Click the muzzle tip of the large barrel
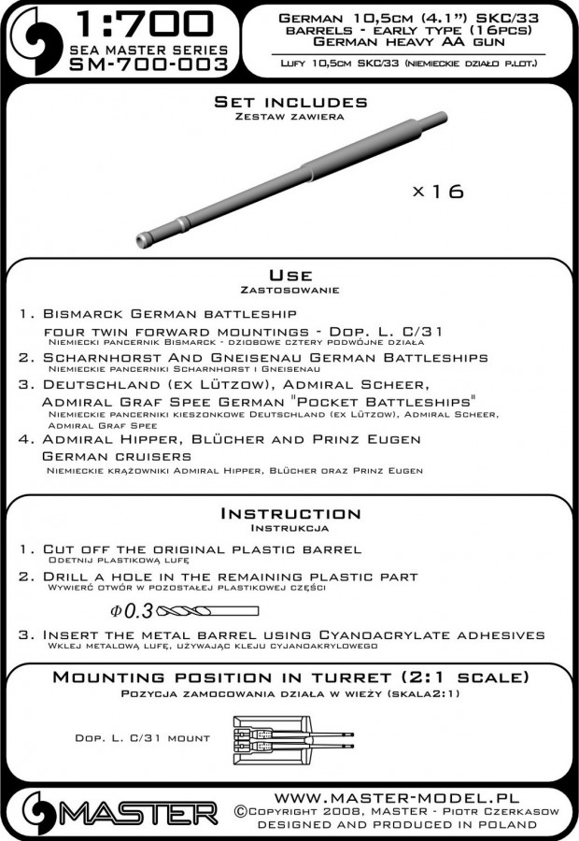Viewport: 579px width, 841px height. point(143,238)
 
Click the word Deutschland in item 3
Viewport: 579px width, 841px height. point(112,386)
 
